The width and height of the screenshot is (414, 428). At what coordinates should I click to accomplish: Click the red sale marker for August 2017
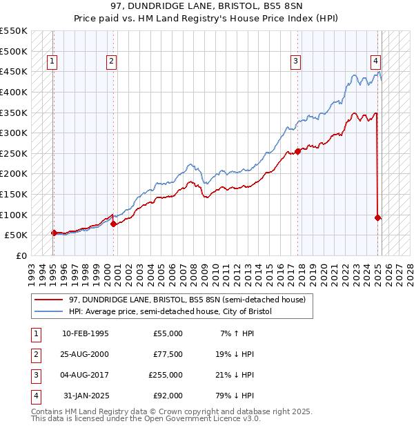[297, 151]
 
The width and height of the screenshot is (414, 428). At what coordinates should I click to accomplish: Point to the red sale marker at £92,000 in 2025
[378, 217]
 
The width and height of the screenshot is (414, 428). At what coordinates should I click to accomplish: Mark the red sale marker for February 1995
[54, 233]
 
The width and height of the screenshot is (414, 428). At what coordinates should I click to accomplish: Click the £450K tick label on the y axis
[14, 71]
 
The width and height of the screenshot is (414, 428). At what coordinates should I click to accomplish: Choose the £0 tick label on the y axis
[20, 255]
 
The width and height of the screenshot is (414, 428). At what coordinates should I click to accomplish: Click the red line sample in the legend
[49, 299]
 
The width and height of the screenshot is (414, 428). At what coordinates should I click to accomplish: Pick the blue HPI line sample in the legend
[49, 311]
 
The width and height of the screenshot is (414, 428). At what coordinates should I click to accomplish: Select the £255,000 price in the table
[166, 375]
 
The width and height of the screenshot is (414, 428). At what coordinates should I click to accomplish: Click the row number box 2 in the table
[35, 354]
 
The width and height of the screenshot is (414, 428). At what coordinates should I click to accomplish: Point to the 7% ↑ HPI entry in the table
[235, 333]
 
